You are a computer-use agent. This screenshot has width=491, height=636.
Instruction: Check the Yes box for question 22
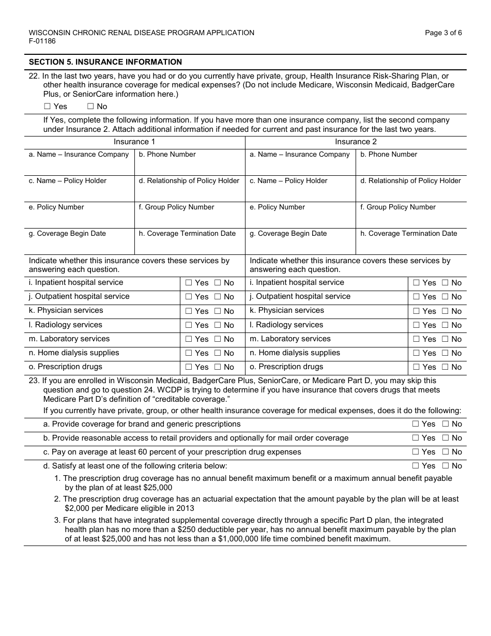(x=48, y=107)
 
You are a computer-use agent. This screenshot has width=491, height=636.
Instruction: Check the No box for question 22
(x=90, y=107)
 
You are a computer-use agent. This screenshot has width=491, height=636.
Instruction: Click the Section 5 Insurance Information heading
(x=105, y=62)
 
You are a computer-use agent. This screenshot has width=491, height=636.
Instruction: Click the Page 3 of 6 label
(x=443, y=33)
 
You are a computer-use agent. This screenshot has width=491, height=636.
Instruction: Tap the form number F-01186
(x=42, y=41)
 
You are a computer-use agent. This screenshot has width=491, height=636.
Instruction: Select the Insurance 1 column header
(x=134, y=142)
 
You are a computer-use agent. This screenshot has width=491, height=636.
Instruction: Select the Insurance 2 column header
(x=356, y=142)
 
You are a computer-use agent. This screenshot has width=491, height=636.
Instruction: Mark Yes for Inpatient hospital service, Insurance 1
(x=189, y=283)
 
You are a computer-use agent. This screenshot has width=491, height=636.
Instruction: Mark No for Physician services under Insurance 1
(x=218, y=311)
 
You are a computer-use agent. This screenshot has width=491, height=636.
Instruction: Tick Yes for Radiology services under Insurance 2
(x=416, y=325)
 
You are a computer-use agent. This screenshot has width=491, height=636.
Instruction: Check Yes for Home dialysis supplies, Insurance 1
(x=189, y=353)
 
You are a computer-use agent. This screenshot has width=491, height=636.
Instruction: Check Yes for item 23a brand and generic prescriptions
(x=416, y=424)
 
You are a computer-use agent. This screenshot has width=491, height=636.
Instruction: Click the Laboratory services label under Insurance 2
(x=290, y=339)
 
